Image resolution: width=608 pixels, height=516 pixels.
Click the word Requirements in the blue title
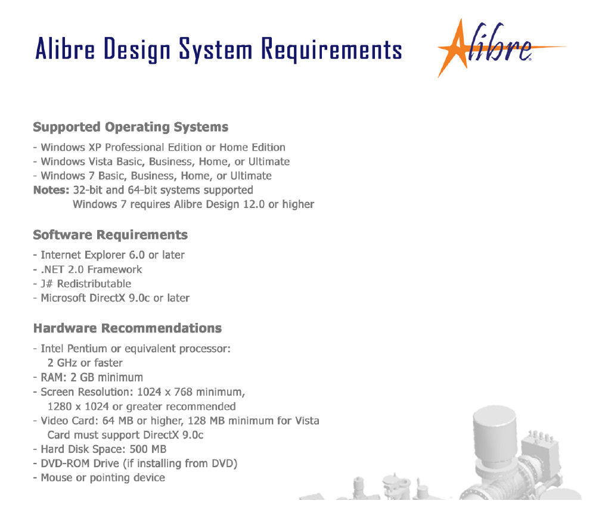[x=331, y=49]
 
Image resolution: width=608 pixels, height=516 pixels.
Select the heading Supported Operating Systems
[x=131, y=127]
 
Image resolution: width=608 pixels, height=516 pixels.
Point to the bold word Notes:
[x=51, y=190]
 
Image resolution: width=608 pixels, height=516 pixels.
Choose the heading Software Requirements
[x=110, y=235]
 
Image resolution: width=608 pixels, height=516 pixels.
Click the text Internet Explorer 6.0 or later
[x=113, y=255]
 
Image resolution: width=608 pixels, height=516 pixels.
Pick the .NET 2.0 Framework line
[x=92, y=269]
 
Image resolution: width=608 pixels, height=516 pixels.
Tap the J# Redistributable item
[x=86, y=284]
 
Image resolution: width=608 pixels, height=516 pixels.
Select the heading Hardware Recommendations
[x=128, y=328]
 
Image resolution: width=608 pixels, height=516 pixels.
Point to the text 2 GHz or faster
[x=85, y=363]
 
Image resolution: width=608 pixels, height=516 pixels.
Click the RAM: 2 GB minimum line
[x=92, y=377]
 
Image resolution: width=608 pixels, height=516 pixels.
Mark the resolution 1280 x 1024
[x=78, y=407]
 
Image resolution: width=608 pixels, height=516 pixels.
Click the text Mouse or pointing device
[x=103, y=478]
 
